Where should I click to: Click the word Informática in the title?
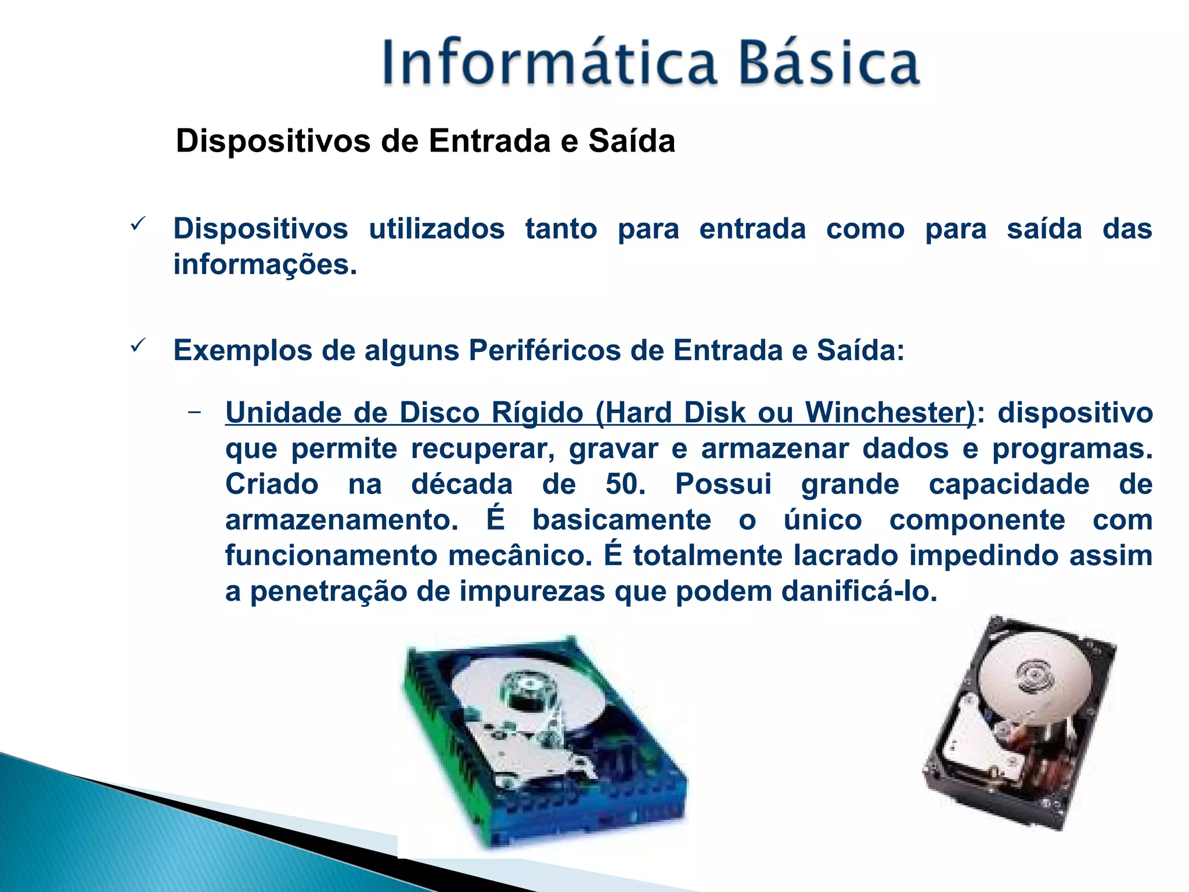(x=549, y=63)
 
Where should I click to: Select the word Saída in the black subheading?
(x=632, y=141)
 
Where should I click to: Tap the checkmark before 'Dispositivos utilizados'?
(x=138, y=224)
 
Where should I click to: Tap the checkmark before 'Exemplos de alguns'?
(x=138, y=346)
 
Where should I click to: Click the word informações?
(x=265, y=265)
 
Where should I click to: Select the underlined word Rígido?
(x=537, y=414)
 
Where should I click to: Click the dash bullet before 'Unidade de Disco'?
(x=194, y=412)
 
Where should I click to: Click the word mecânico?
(x=520, y=556)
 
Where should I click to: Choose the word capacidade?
(x=1009, y=484)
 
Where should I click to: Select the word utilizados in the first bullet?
(x=437, y=229)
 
